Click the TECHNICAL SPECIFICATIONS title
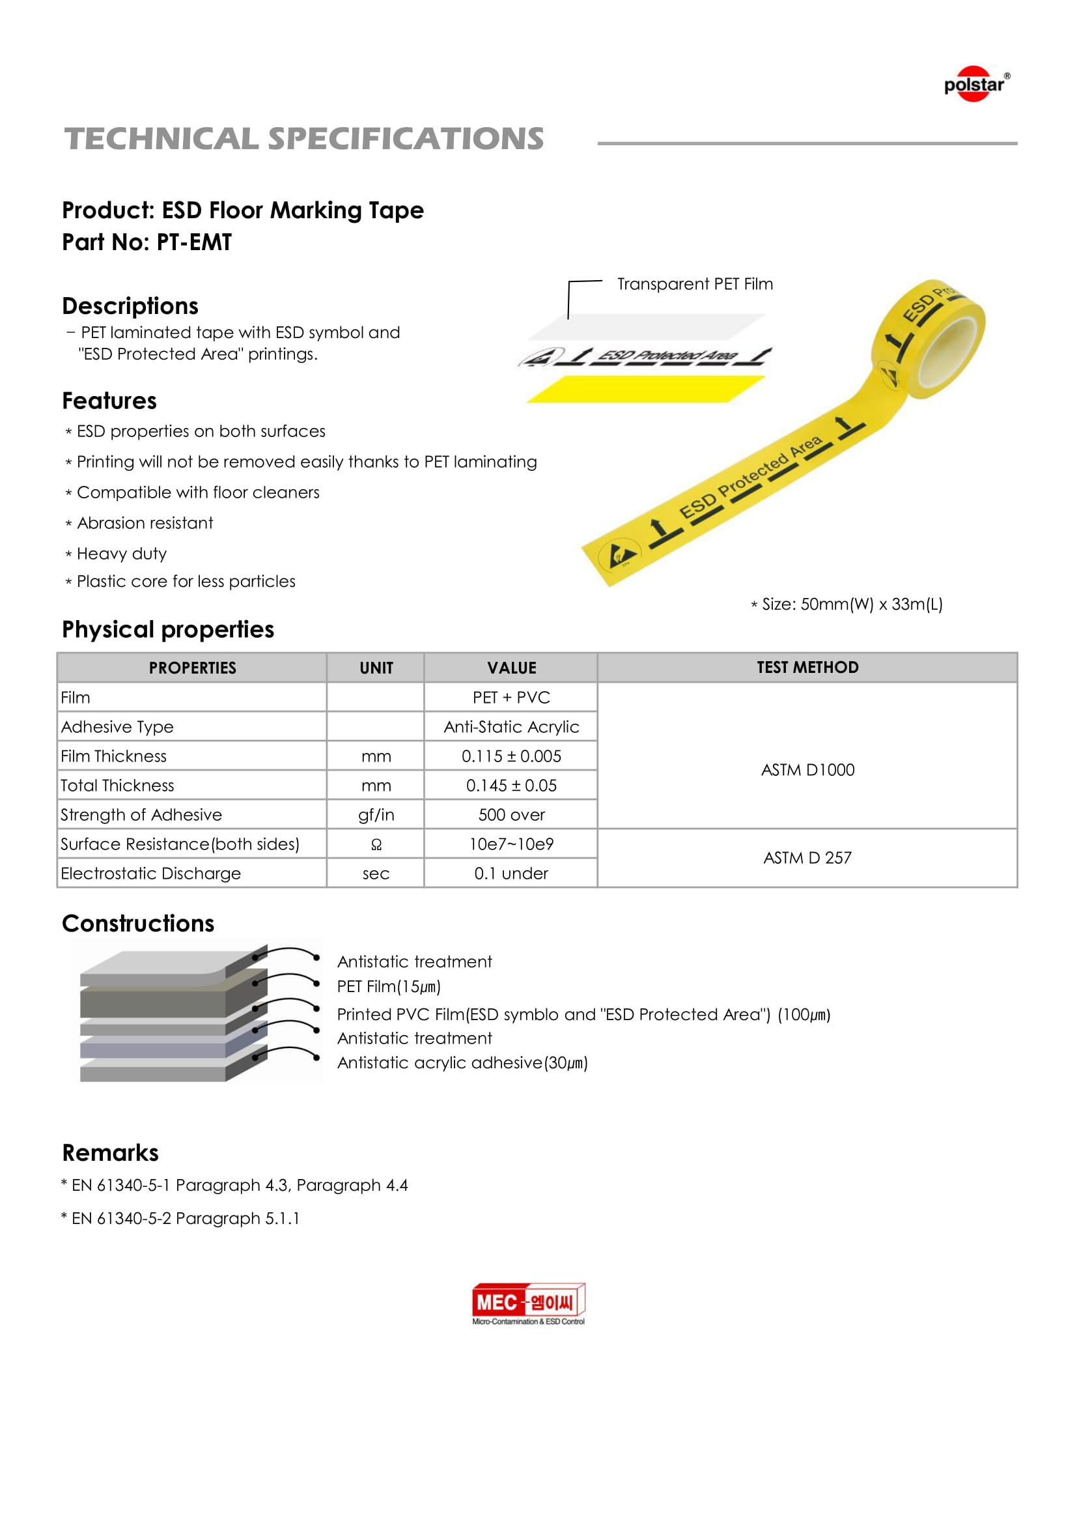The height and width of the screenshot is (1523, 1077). pos(303,139)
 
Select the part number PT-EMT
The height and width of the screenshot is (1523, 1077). pos(193,242)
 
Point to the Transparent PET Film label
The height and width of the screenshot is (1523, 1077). pos(694,284)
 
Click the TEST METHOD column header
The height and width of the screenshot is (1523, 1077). pos(807,667)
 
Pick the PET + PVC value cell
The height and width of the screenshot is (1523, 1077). pos(511,697)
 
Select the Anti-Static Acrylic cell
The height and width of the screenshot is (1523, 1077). pos(511,727)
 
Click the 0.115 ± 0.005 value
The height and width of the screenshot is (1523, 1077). pos(511,756)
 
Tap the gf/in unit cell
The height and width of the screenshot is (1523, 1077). pos(375,814)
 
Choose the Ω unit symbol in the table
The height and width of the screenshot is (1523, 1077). pos(375,844)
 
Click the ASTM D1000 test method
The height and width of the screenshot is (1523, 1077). pos(807,770)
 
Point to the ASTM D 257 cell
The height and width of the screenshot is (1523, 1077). pos(807,858)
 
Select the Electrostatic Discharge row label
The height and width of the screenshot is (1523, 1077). pos(150,874)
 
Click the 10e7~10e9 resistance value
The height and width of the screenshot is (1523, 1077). pos(511,844)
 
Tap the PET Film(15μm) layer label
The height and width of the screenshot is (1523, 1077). pos(389,986)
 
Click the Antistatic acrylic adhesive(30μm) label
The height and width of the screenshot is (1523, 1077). pos(462,1062)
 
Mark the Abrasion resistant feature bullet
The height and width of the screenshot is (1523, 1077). pos(145,523)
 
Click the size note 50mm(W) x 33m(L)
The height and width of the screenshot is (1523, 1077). pos(852,605)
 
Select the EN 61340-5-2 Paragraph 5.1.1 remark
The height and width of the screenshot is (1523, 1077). pos(185,1219)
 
